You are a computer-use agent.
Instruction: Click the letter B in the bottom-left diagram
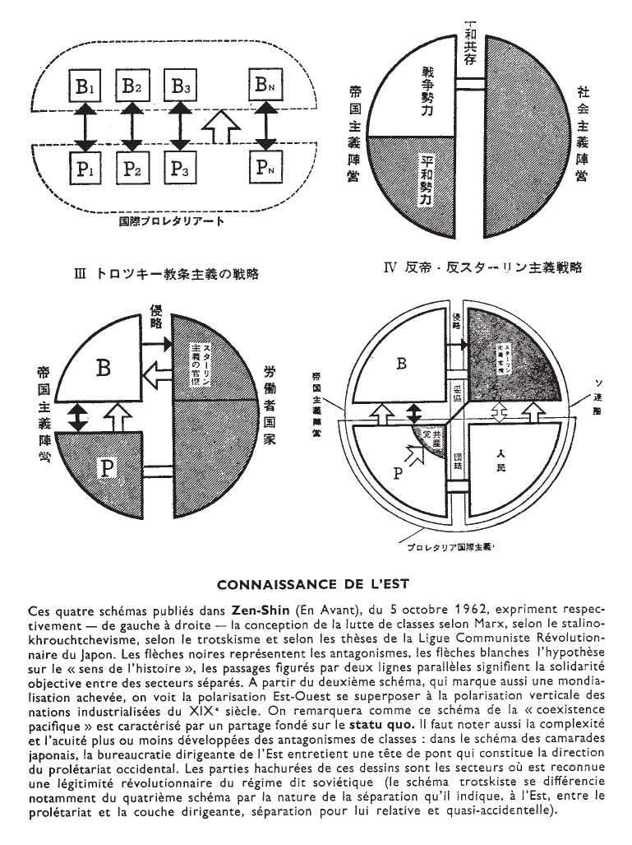102,367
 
